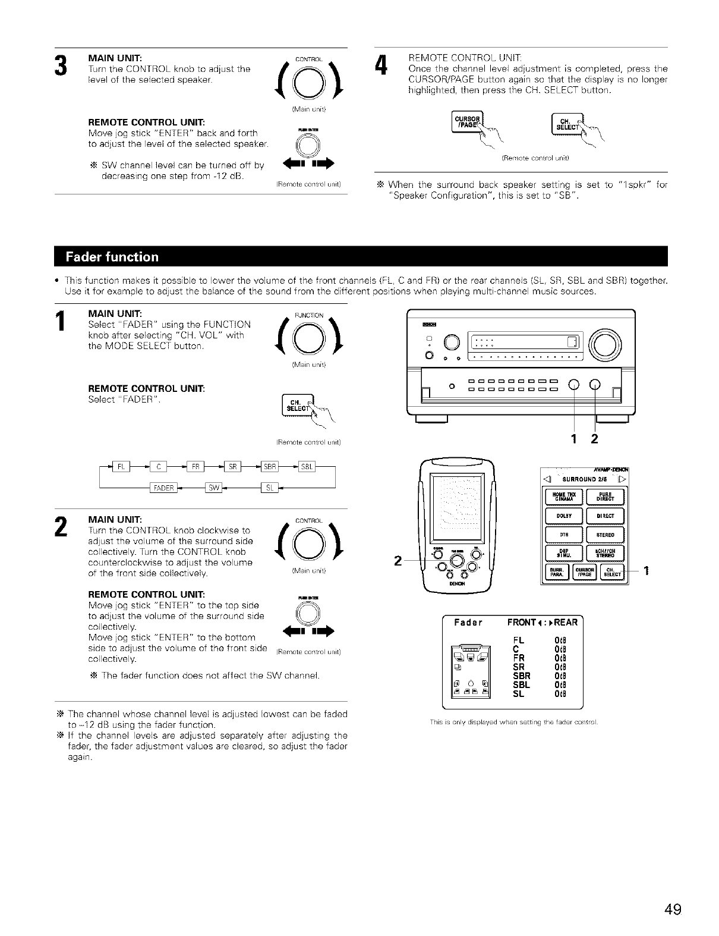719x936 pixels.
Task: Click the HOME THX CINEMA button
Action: (x=564, y=496)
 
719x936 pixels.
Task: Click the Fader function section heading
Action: (x=113, y=257)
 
